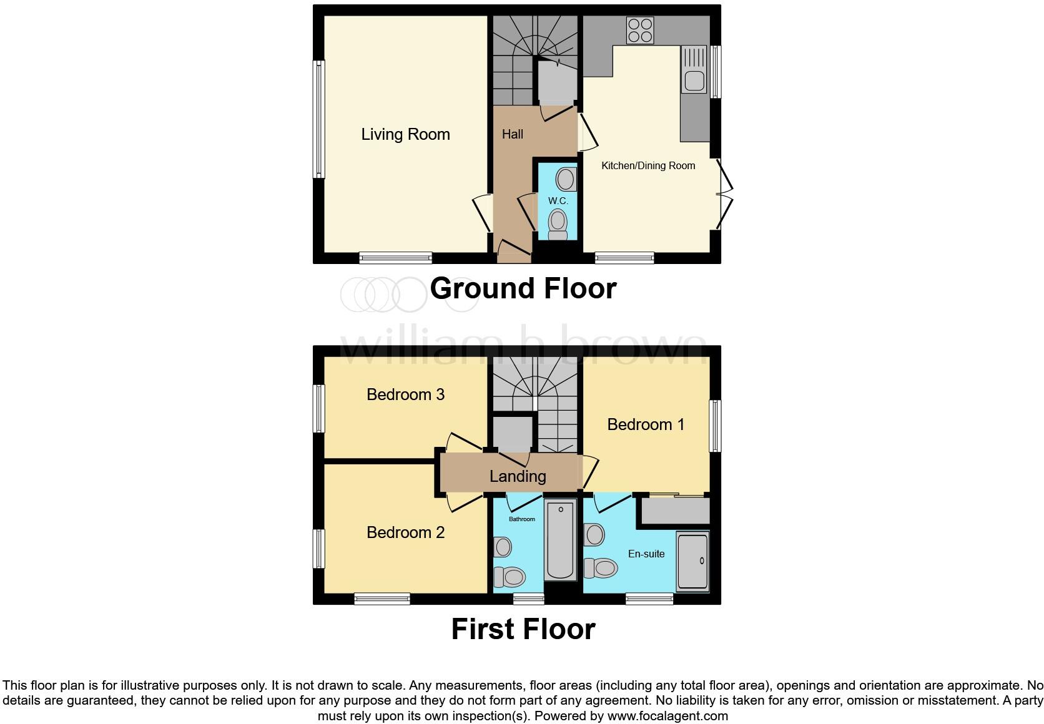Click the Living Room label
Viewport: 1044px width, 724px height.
[405, 134]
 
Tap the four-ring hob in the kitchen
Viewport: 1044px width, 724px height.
[640, 30]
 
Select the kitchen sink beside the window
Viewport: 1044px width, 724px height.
[694, 80]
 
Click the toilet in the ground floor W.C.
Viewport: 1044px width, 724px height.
[557, 223]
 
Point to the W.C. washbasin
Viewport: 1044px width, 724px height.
[566, 179]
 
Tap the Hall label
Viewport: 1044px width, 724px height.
[512, 134]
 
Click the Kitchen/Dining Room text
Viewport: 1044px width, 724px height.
[648, 166]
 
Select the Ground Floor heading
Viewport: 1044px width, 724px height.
[523, 288]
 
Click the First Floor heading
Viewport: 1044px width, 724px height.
[523, 629]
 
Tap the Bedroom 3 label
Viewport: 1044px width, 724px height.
[405, 394]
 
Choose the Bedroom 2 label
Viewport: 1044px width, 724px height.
[405, 532]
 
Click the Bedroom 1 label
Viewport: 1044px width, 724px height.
[646, 424]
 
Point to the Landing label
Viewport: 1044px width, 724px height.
[517, 476]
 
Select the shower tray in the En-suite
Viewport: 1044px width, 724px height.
[692, 561]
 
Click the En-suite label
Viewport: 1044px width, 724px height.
[646, 554]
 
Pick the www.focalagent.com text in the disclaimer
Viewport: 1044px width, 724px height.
[667, 716]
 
